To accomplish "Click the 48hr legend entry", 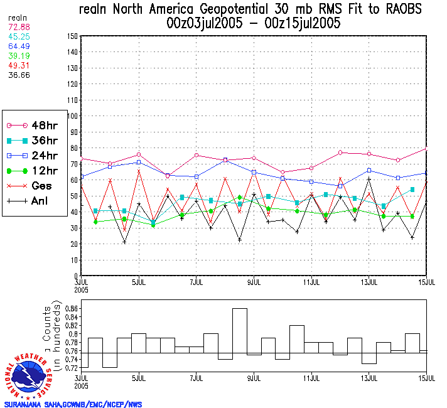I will tap(34, 126).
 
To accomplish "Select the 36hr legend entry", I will tap(34, 141).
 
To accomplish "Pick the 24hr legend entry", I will tap(34, 156).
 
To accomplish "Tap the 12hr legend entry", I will tap(34, 171).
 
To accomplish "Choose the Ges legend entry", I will tap(34, 186).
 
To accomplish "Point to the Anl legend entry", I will tap(34, 201).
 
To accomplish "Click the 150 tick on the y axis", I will tap(72, 36).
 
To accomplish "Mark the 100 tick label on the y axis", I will tap(72, 116).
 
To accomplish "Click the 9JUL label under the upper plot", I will tap(254, 281).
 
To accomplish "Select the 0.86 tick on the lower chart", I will tap(71, 309).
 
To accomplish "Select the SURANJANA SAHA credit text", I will tap(73, 404).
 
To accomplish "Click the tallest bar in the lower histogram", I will tap(239, 331).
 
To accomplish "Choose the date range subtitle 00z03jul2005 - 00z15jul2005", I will tap(253, 23).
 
